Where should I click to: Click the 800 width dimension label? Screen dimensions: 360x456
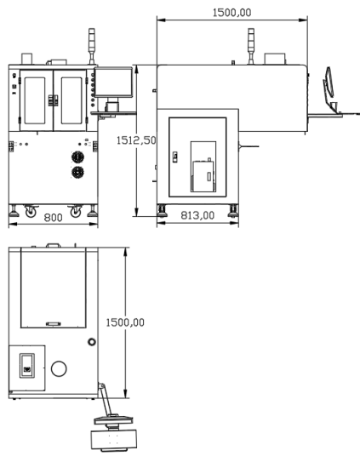point(53,217)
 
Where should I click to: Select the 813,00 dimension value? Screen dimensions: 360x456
point(197,215)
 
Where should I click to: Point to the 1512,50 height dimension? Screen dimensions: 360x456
point(136,140)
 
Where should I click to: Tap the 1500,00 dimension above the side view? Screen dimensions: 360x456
point(231,13)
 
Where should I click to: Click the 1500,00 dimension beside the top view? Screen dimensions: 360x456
point(125,322)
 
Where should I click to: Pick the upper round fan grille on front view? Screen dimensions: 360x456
point(77,157)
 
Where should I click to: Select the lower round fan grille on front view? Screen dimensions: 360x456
point(77,172)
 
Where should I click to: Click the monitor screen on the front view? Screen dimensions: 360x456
point(113,82)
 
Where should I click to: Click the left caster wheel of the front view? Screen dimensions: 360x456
point(31,213)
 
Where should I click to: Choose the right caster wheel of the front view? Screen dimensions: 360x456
point(76,212)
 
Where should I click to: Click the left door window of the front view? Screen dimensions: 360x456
point(35,100)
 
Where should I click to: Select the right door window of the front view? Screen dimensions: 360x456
point(71,100)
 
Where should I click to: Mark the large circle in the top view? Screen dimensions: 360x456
point(59,368)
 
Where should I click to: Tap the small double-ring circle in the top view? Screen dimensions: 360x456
point(92,342)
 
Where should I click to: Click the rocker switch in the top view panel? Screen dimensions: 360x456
point(27,366)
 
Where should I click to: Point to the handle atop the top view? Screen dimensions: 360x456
point(54,245)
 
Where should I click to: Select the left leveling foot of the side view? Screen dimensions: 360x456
point(162,211)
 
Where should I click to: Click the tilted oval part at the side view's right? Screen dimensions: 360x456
point(329,82)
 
